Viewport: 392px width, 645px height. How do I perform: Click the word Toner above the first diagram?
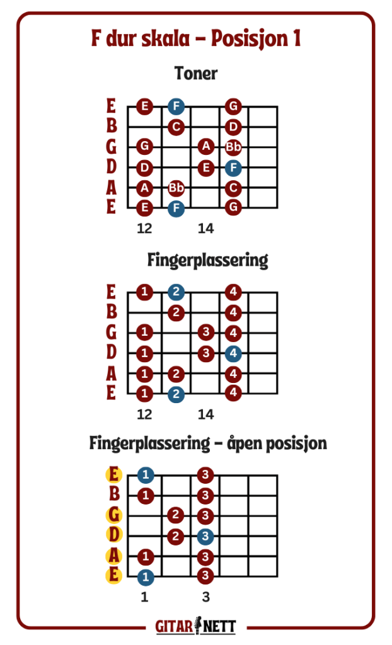point(196,73)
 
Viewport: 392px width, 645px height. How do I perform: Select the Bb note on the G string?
point(233,146)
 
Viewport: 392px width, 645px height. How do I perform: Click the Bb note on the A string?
point(176,188)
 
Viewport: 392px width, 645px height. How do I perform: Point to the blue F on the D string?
point(233,168)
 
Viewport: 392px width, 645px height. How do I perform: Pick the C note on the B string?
point(176,127)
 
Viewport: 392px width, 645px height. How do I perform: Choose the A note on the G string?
point(206,146)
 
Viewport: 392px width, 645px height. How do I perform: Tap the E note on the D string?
point(206,168)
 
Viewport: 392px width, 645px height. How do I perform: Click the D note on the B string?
point(233,127)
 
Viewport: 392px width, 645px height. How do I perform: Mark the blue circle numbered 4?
point(233,353)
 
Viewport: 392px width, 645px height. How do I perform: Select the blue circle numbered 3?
point(205,536)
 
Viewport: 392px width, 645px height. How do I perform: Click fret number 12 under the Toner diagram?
point(144,228)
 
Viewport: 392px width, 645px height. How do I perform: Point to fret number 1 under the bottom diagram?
point(144,597)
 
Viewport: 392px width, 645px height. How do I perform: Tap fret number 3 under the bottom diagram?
point(206,597)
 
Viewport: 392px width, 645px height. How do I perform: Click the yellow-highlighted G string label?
point(114,515)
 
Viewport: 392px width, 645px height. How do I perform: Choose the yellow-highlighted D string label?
point(114,535)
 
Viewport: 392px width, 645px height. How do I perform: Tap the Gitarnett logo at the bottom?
point(196,626)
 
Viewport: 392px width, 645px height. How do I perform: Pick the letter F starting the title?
point(96,38)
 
